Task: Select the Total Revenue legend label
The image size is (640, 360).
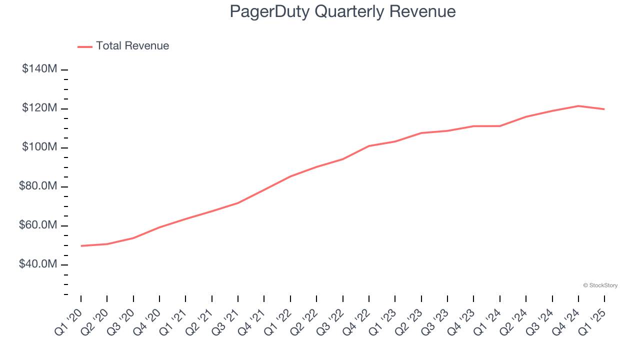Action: pyautogui.click(x=132, y=46)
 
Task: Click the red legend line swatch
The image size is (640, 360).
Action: pyautogui.click(x=85, y=47)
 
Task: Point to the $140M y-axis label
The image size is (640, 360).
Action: pyautogui.click(x=39, y=69)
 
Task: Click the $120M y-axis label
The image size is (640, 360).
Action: pyautogui.click(x=39, y=108)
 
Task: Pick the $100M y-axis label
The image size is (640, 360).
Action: pyautogui.click(x=39, y=147)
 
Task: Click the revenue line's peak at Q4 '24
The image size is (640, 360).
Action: pyautogui.click(x=578, y=106)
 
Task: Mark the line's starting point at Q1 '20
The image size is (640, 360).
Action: pyautogui.click(x=81, y=246)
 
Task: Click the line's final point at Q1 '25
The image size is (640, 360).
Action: pyautogui.click(x=604, y=109)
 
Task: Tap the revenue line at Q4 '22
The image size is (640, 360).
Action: pyautogui.click(x=369, y=146)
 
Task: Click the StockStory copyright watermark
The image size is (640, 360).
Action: pyautogui.click(x=600, y=285)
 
